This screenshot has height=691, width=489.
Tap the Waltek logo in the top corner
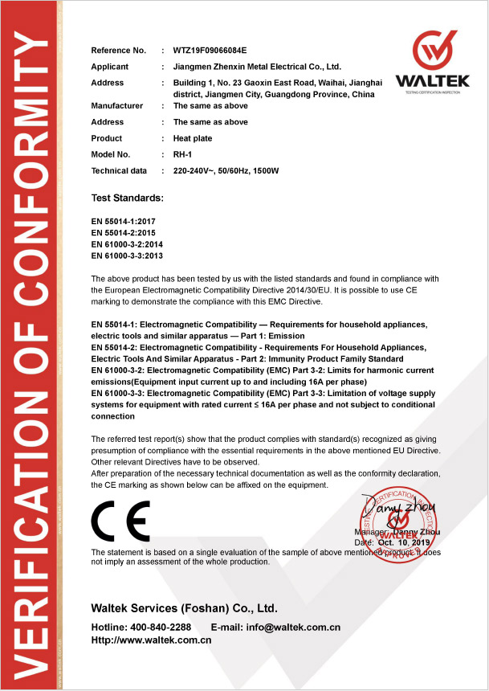[x=434, y=61]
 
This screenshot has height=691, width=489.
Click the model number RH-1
[x=183, y=154]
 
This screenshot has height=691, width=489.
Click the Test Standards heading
[x=128, y=197]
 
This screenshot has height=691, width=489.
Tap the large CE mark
[x=120, y=521]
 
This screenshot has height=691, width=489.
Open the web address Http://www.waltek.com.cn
[x=151, y=640]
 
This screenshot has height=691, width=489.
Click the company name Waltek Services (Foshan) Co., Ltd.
[x=184, y=607]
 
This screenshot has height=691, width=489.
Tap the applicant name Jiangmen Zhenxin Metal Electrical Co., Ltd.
[x=257, y=67]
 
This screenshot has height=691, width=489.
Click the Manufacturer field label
[x=117, y=106]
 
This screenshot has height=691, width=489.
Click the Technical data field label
[x=120, y=170]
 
